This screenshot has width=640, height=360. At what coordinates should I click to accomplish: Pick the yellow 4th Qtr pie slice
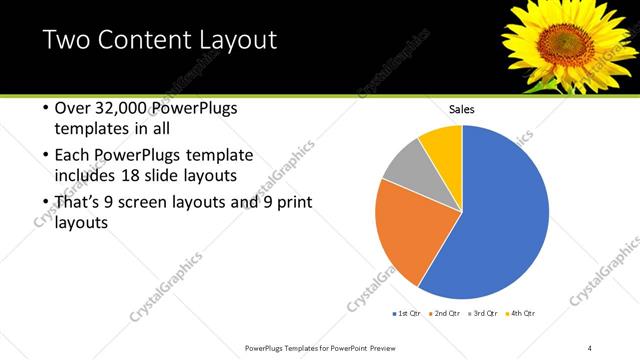point(443,146)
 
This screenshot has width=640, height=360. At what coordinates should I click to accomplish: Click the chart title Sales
point(461,109)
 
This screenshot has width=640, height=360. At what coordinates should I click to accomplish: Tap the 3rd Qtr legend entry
point(481,314)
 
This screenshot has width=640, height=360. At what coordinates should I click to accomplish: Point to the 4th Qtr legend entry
point(519,314)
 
